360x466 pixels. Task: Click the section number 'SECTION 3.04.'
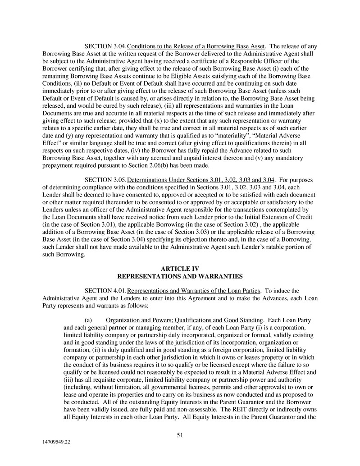[x=106, y=46]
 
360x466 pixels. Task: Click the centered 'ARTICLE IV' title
[x=180, y=269]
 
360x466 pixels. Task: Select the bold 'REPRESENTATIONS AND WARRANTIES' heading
[x=180, y=276]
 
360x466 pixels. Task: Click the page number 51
[x=180, y=435]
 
